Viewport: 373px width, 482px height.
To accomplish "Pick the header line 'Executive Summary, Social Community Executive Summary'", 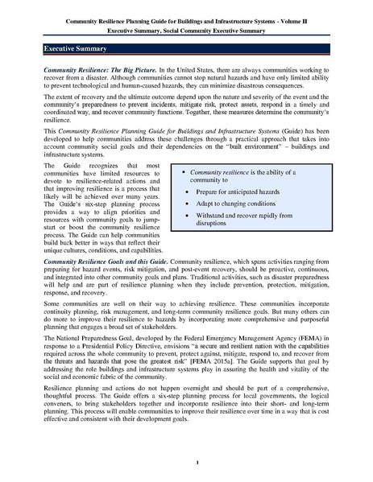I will (x=186, y=23).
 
